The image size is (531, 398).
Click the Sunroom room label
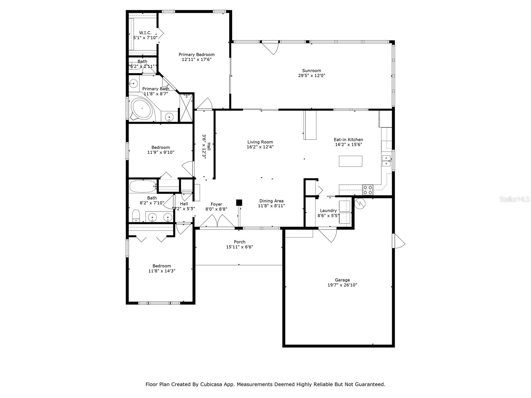pos(311,71)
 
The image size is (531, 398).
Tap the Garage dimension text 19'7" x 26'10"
pos(342,285)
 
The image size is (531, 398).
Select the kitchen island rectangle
pos(350,161)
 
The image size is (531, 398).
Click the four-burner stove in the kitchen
pos(367,190)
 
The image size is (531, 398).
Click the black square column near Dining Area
pos(239,202)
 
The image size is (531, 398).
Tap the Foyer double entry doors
pos(217,222)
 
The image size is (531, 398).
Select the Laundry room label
pos(328,211)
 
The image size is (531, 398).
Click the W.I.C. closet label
pos(145,33)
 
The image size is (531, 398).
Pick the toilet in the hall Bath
pos(136,216)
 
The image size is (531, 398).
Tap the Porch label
pos(240,242)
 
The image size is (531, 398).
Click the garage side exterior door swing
pos(399,241)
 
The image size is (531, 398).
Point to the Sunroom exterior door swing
pos(271,48)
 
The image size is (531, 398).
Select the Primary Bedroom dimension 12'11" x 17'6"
pos(196,60)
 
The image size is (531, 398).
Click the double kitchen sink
pos(386,161)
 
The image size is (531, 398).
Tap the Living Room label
pos(260,142)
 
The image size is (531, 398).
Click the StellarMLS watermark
pos(514,199)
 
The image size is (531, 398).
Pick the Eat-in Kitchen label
pos(348,140)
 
